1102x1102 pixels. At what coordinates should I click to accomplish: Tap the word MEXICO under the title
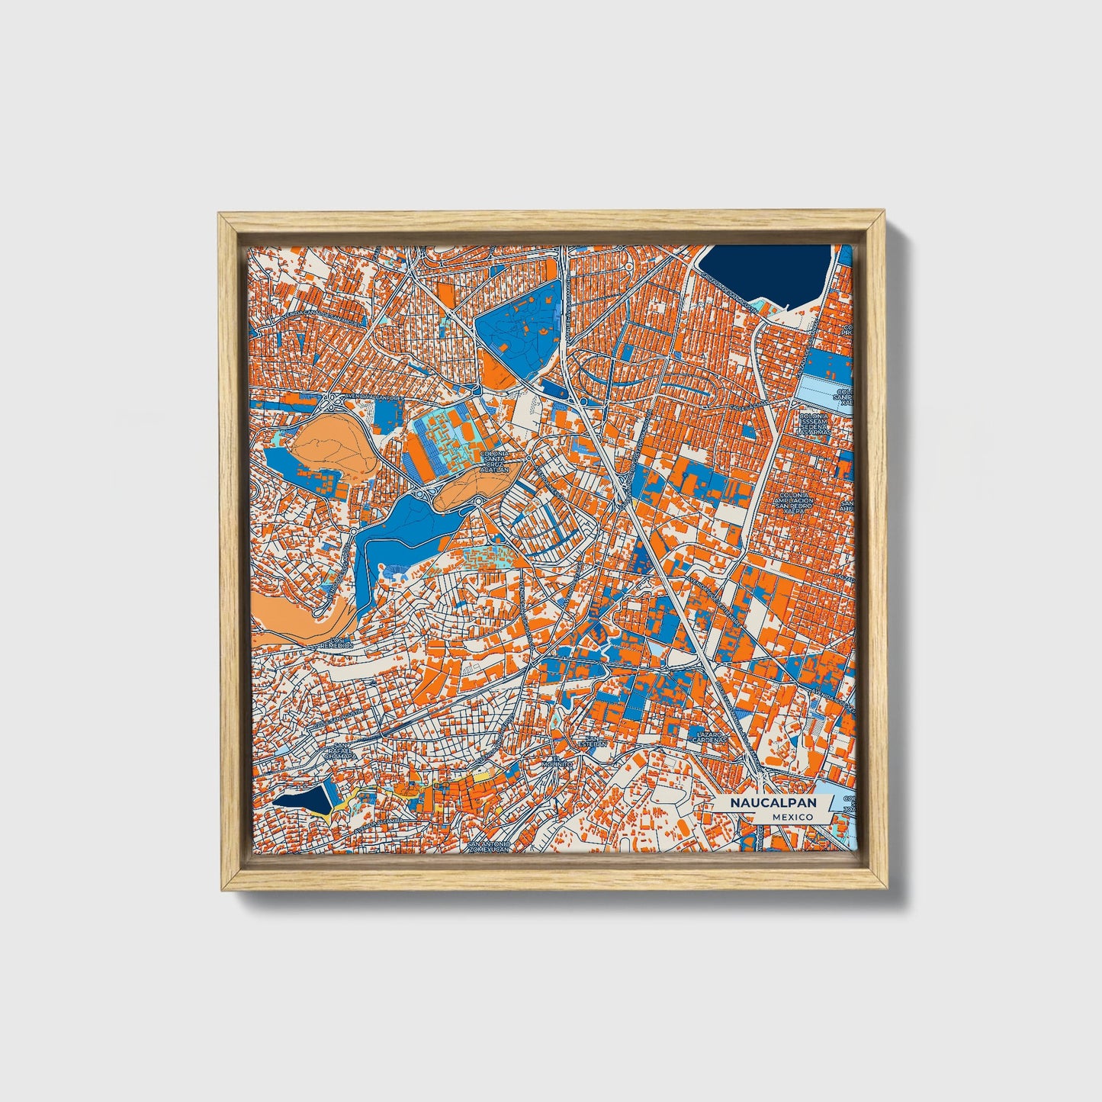tap(792, 817)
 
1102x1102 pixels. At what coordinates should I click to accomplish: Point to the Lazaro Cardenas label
tap(708, 737)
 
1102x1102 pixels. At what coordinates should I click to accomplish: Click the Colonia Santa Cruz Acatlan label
tap(494, 462)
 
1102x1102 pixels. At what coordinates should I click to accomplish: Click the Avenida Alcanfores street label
tap(368, 397)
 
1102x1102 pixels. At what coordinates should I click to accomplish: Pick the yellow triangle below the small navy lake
tap(326, 817)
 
